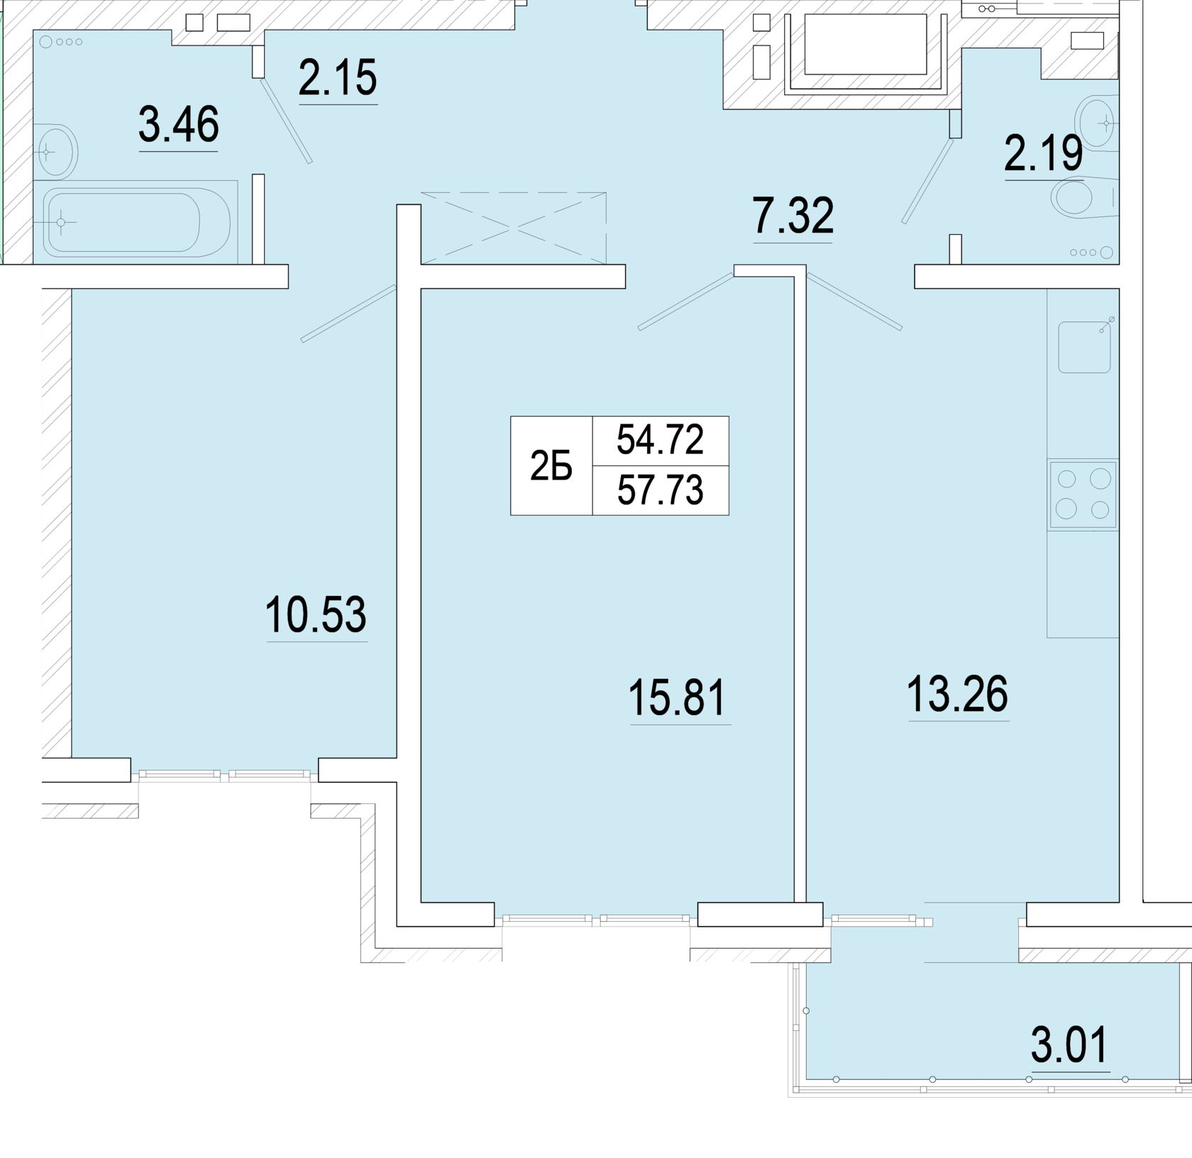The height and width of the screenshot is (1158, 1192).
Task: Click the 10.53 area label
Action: coord(316,614)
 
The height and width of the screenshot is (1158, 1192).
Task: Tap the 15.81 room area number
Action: coord(678,697)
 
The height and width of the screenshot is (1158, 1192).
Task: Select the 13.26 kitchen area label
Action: coord(958,694)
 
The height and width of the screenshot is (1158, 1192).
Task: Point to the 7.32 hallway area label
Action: coord(793,216)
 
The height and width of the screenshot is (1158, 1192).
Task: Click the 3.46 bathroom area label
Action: coord(179,124)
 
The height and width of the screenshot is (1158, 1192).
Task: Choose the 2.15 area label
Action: coord(338,77)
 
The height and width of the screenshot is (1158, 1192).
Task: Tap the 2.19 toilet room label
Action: coord(1043,153)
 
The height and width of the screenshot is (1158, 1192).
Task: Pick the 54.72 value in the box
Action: coord(660,439)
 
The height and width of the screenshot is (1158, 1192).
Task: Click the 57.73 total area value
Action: coord(660,490)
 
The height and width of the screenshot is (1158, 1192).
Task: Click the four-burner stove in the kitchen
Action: coord(1083,495)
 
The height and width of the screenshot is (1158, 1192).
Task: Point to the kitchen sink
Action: coord(1085,347)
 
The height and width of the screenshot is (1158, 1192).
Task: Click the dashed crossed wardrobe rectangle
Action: coord(514,228)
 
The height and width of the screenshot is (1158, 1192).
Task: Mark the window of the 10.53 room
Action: coord(224,776)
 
